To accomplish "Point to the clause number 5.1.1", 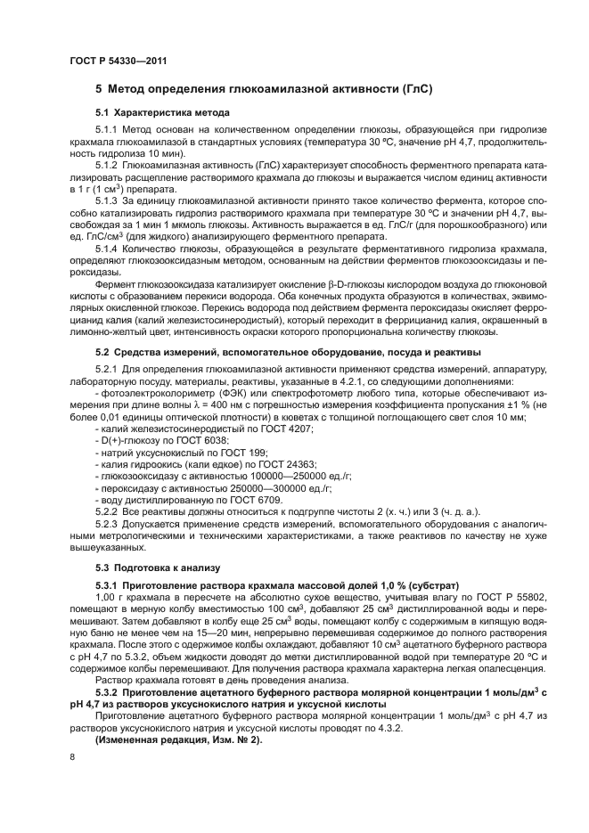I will (x=108, y=130).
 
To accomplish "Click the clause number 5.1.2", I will (x=108, y=166).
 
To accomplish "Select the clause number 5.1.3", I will (x=108, y=200).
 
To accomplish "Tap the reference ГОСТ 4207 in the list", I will (x=289, y=429).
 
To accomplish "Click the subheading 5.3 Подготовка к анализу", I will (x=151, y=567).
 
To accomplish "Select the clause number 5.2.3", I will (x=108, y=525).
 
